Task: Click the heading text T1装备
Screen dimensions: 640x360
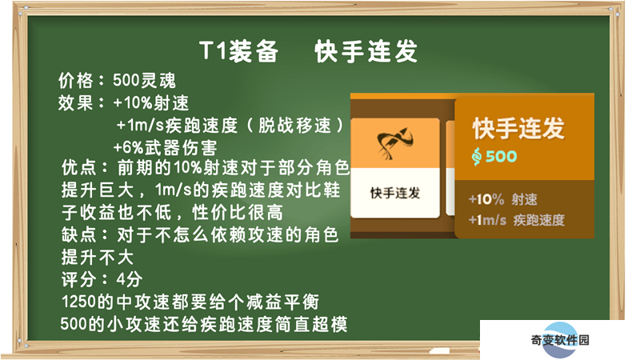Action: point(238,51)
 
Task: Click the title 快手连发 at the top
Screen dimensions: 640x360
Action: point(366,51)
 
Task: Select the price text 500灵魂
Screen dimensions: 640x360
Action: point(144,81)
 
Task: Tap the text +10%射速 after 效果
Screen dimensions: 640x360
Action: point(151,102)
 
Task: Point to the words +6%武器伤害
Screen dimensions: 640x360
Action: point(165,147)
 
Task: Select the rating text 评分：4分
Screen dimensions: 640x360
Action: point(102,279)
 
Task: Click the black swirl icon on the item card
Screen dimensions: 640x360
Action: point(394,143)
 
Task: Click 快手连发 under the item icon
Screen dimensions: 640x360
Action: point(395,193)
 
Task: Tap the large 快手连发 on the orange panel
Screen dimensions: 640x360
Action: point(518,128)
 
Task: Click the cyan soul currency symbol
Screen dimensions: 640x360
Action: point(476,156)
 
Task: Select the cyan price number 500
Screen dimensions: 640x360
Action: point(502,156)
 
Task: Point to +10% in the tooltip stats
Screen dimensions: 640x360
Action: point(486,199)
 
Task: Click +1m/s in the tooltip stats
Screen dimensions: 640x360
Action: point(487,221)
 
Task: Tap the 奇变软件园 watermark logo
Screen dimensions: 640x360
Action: point(560,339)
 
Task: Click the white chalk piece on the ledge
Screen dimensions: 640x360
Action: point(439,350)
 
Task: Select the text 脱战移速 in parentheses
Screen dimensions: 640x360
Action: point(294,126)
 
